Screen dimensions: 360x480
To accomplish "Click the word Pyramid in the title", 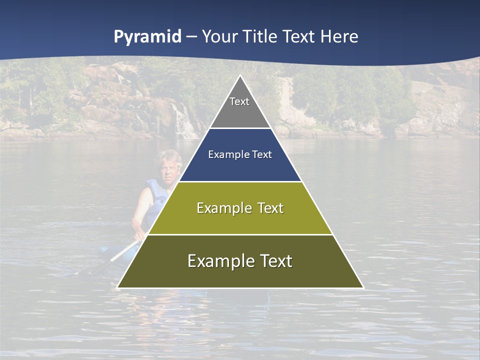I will [147, 37].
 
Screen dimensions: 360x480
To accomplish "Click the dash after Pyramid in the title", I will [191, 37].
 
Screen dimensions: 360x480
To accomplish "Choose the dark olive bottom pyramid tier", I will [240, 274].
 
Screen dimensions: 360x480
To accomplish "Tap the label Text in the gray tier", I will [239, 101].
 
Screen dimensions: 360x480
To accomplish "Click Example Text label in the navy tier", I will [240, 154].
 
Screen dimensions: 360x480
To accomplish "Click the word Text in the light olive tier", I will [270, 208].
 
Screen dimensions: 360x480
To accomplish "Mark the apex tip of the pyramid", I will [240, 76].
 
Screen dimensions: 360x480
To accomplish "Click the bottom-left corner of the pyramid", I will [118, 287].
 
